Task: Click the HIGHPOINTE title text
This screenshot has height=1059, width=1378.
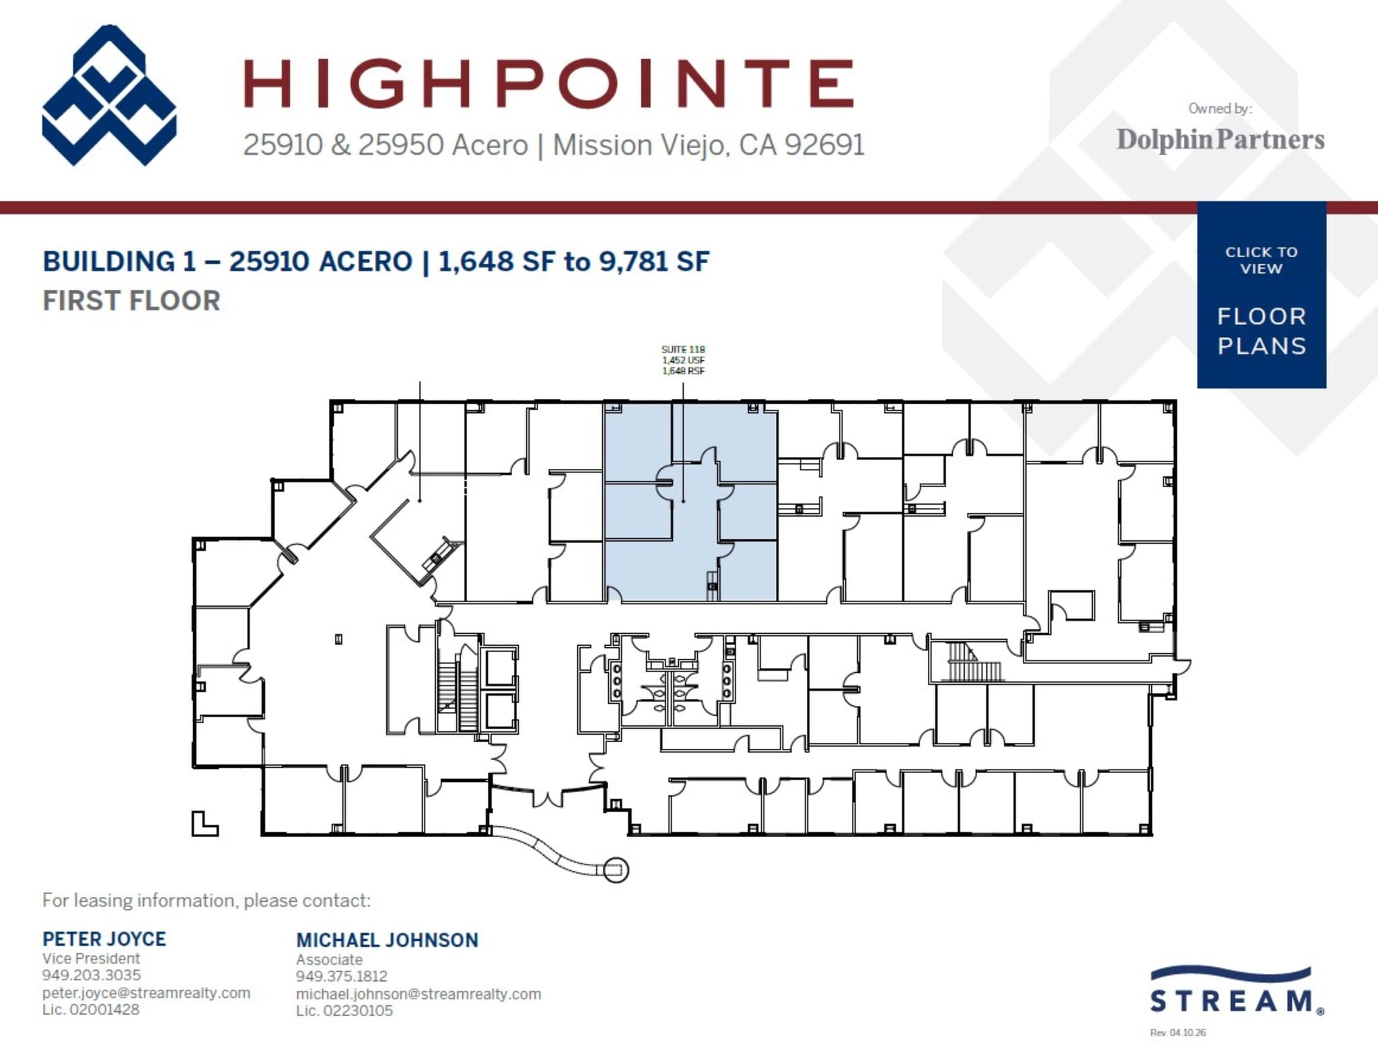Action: (548, 83)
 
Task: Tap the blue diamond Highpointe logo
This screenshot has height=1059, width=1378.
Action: (109, 96)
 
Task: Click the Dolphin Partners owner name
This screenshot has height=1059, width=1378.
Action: (1220, 139)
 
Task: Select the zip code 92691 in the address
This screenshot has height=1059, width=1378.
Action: (824, 145)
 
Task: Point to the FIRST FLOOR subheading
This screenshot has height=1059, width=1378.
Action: (132, 301)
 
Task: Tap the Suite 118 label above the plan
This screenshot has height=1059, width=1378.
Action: (683, 349)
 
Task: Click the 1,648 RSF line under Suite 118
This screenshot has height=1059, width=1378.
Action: (683, 371)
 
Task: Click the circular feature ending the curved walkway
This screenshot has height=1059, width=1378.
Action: (615, 870)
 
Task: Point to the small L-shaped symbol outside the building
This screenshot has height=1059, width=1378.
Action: (203, 825)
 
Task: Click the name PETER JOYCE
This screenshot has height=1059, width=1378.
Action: (104, 939)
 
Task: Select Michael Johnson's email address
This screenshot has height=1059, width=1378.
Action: (418, 994)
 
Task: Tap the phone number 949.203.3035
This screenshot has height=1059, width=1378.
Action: (92, 975)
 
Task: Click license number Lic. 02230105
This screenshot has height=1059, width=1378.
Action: (344, 1011)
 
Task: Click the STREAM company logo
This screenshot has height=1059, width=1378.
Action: (1237, 991)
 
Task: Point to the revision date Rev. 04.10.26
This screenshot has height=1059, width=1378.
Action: (1177, 1033)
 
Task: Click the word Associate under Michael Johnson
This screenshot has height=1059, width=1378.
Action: (329, 959)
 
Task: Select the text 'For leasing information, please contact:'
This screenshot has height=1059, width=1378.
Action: (207, 900)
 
